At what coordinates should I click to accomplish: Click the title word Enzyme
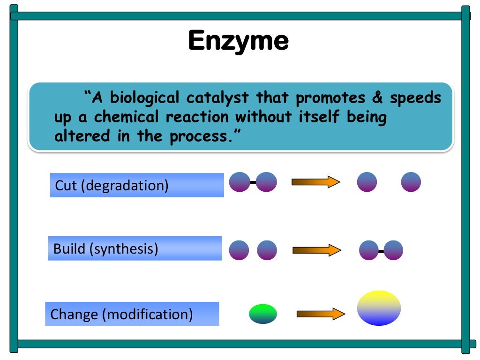(238, 41)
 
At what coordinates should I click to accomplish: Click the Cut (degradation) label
(112, 185)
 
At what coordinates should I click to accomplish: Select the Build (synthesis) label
(106, 248)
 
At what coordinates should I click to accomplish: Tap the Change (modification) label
(121, 314)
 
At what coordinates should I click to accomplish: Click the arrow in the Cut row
(315, 182)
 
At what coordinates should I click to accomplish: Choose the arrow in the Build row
(316, 250)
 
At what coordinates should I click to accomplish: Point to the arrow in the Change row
(321, 314)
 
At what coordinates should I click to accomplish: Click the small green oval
(262, 314)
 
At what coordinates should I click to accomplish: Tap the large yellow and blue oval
(379, 308)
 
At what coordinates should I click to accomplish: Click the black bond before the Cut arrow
(253, 182)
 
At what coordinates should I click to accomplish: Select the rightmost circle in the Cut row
(411, 182)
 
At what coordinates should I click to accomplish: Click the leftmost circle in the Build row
(239, 250)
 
